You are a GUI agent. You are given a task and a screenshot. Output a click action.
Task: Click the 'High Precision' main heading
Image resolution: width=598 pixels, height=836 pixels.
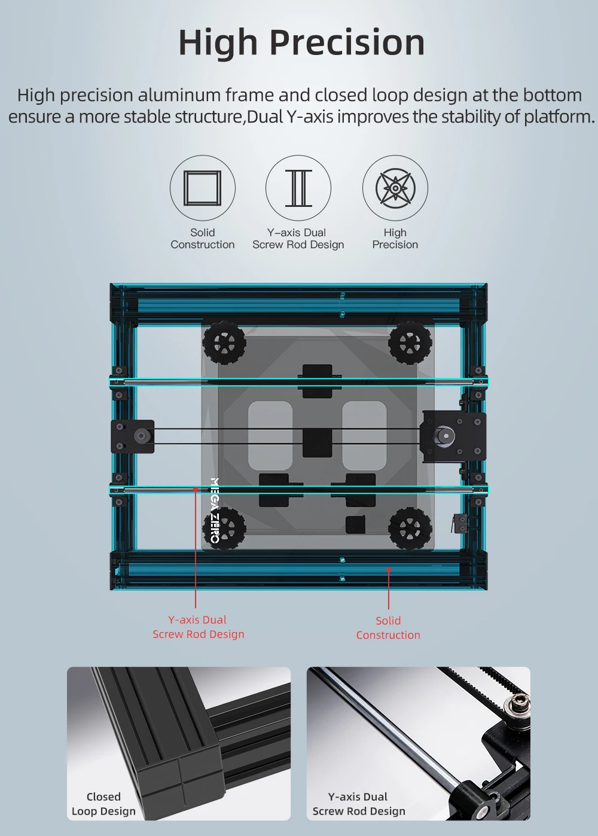click(301, 43)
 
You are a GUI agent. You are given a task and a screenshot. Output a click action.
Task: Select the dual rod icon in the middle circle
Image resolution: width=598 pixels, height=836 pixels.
click(298, 188)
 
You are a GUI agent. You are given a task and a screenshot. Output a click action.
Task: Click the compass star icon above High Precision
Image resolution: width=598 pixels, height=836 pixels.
click(395, 188)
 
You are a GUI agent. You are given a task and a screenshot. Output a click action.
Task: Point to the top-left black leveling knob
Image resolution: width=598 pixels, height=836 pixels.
click(224, 342)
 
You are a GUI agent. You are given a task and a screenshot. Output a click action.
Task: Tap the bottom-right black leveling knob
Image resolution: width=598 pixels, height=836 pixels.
click(410, 527)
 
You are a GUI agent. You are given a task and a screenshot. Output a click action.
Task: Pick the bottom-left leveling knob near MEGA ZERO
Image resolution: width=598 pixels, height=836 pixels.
click(224, 527)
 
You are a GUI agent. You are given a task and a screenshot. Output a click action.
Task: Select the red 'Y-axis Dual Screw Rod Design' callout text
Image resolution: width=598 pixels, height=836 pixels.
click(198, 627)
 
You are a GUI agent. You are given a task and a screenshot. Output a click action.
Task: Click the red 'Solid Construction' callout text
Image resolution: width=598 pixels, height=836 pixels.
click(388, 627)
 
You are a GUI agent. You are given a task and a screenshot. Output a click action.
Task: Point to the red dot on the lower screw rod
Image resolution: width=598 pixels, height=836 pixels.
click(195, 489)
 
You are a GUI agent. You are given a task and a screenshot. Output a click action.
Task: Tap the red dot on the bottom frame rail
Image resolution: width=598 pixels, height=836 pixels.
click(389, 570)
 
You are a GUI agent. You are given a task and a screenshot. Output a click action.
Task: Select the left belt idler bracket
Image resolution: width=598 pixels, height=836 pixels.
click(133, 437)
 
